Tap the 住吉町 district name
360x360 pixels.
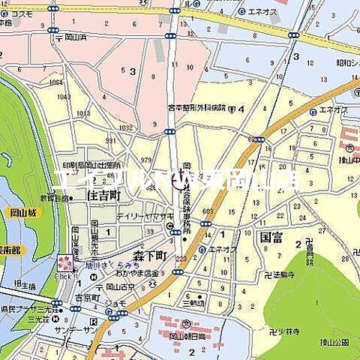coord(103,195)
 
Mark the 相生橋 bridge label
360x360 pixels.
coord(26,286)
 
